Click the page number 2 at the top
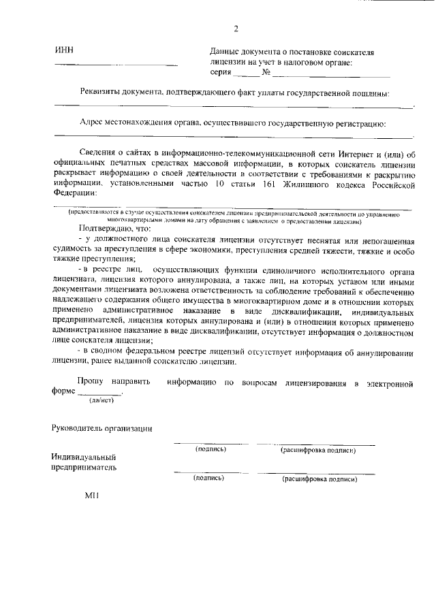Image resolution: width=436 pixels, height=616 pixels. click(x=236, y=29)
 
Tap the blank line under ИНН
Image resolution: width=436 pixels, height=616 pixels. click(x=116, y=65)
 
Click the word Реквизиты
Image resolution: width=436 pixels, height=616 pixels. click(x=102, y=93)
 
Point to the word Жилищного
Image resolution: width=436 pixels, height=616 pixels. click(x=302, y=182)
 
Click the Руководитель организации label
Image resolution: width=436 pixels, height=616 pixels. click(x=102, y=428)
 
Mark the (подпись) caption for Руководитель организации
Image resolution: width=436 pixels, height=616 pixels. click(x=211, y=449)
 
